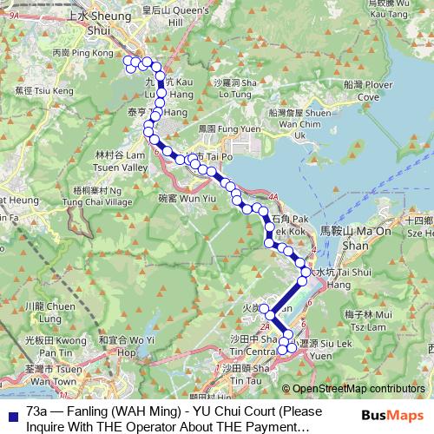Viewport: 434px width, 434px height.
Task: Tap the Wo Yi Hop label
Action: (x=126, y=346)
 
